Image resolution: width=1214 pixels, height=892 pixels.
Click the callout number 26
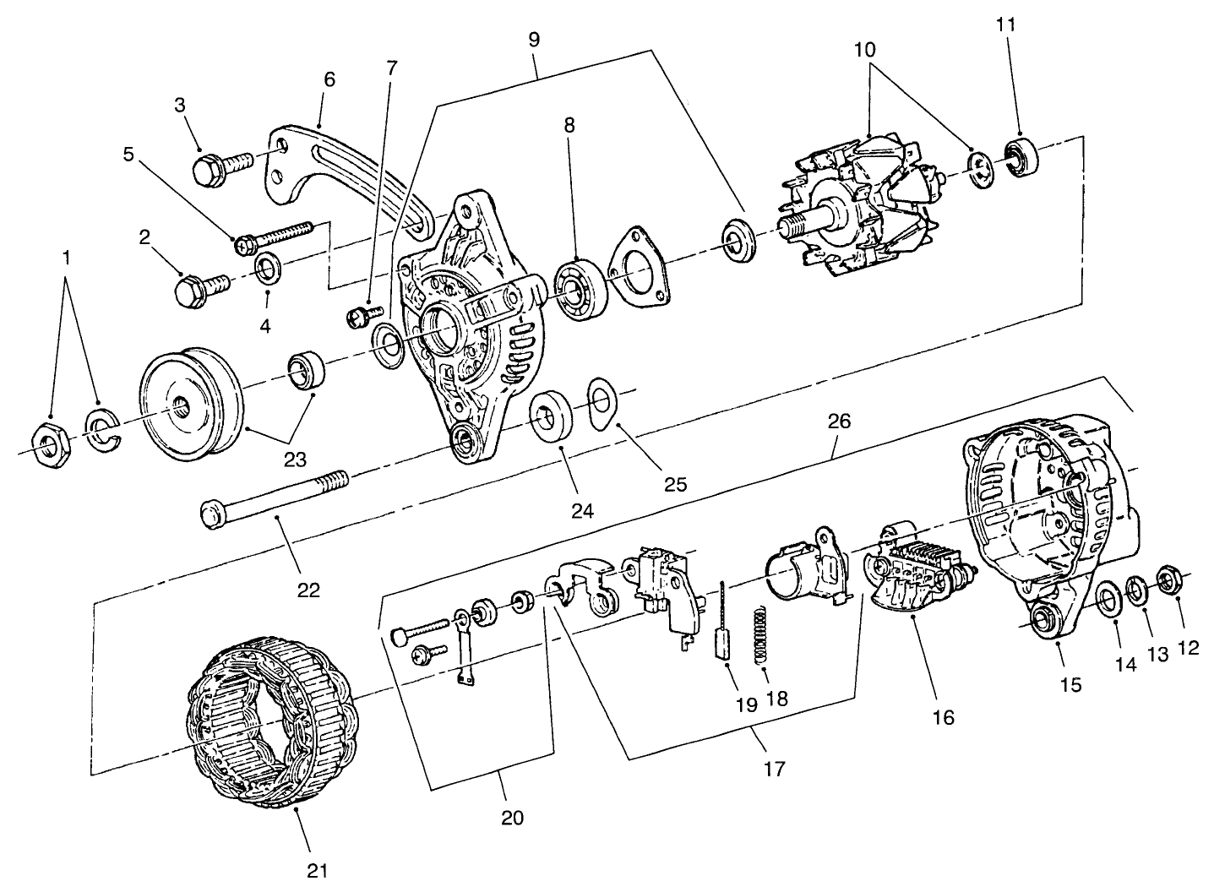tap(839, 421)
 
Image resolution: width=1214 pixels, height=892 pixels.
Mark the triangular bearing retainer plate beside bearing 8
tap(640, 266)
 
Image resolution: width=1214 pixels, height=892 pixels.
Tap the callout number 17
tap(775, 770)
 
